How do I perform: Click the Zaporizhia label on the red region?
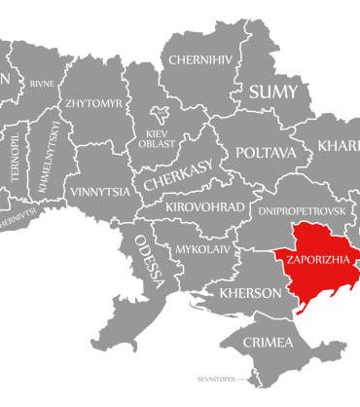(x=310, y=262)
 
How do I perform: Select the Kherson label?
(x=251, y=293)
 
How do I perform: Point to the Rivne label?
(x=42, y=83)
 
